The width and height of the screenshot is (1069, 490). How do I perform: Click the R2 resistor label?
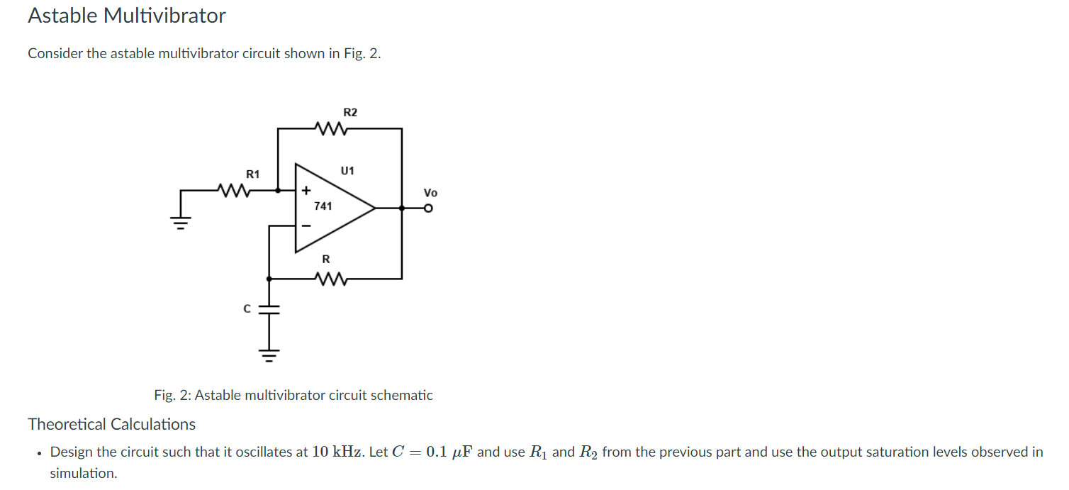point(350,112)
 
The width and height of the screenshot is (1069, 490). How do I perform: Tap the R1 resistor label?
point(253,174)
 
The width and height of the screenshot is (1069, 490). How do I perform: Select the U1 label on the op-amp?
point(347,171)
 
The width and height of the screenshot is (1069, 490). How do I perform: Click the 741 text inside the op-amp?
point(323,206)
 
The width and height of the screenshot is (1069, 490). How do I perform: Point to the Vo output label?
point(430,193)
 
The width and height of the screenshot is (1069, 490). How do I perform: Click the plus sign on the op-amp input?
point(306,191)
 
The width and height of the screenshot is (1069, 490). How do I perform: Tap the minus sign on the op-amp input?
point(306,225)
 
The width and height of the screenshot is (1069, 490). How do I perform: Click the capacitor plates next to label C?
point(269,309)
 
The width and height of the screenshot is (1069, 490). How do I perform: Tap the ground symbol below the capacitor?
point(269,355)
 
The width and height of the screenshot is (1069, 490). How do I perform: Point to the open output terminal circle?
point(427,208)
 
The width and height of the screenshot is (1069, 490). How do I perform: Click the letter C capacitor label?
point(247,309)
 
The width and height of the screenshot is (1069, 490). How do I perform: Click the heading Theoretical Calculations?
point(112,424)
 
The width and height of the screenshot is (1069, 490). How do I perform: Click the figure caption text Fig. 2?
point(173,395)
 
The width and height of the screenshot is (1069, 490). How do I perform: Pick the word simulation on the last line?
point(82,473)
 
